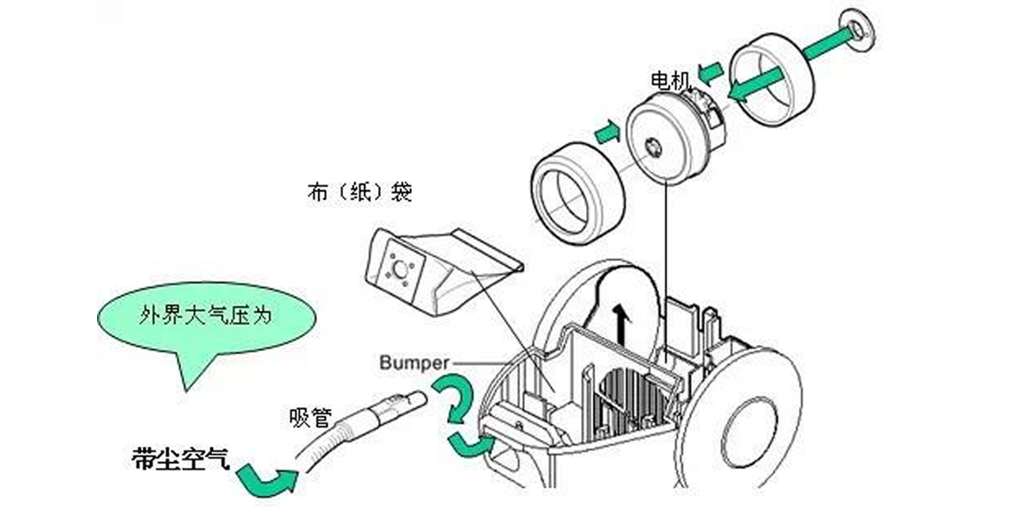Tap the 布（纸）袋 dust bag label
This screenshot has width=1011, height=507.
pyautogui.click(x=359, y=193)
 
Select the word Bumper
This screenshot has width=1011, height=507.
pyautogui.click(x=412, y=363)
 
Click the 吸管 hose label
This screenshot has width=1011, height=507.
pyautogui.click(x=311, y=418)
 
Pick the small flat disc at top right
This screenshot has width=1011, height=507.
pyautogui.click(x=857, y=29)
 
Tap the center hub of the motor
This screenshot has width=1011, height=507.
pyautogui.click(x=653, y=143)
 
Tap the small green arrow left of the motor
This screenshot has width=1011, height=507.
pyautogui.click(x=607, y=133)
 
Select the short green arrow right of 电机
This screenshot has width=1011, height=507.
pyautogui.click(x=712, y=69)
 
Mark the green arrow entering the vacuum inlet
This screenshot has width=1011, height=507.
pyautogui.click(x=469, y=441)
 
